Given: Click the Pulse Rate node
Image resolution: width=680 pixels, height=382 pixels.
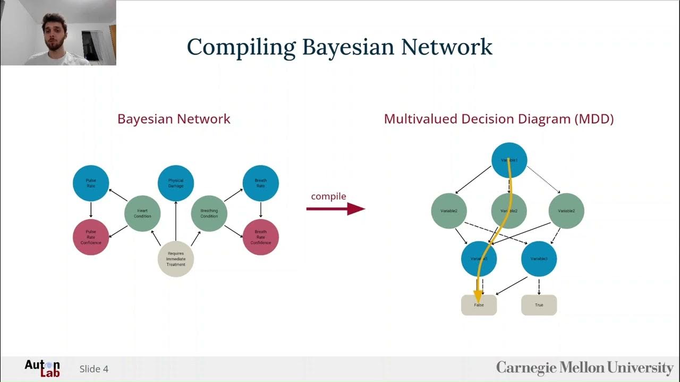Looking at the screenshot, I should coord(91,183).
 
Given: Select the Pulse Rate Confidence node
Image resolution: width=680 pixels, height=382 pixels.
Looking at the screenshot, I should coord(91,237).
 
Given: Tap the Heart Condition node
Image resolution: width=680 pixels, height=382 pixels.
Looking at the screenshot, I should coord(142,213).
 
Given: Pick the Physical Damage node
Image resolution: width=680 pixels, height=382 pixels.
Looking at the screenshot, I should coord(176,183).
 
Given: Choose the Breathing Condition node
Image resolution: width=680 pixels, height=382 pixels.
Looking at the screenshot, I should coord(209,213).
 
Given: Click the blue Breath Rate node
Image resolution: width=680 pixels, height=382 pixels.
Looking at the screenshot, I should coord(260,183).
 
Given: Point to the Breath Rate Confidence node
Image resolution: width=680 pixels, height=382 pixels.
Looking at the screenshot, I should coord(260,237).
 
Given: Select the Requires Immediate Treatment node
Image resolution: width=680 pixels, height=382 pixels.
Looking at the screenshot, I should coord(176,259).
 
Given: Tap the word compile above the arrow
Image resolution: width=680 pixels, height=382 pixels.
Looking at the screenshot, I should coord(328,196).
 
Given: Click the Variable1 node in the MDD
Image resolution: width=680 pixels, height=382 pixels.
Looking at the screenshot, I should coord(509,160).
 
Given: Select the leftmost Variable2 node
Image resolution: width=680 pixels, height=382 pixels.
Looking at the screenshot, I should coord(449,211).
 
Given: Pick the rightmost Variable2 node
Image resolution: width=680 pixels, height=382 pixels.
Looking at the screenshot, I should coord(566,211).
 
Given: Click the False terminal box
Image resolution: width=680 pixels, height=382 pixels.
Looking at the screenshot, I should coord(479,305).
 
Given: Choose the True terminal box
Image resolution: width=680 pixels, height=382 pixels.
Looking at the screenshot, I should coord(539,305).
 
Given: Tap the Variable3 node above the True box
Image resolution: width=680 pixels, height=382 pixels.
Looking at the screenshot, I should coord(539,259).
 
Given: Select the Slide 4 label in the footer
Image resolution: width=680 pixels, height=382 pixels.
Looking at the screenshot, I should coord(94,369).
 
